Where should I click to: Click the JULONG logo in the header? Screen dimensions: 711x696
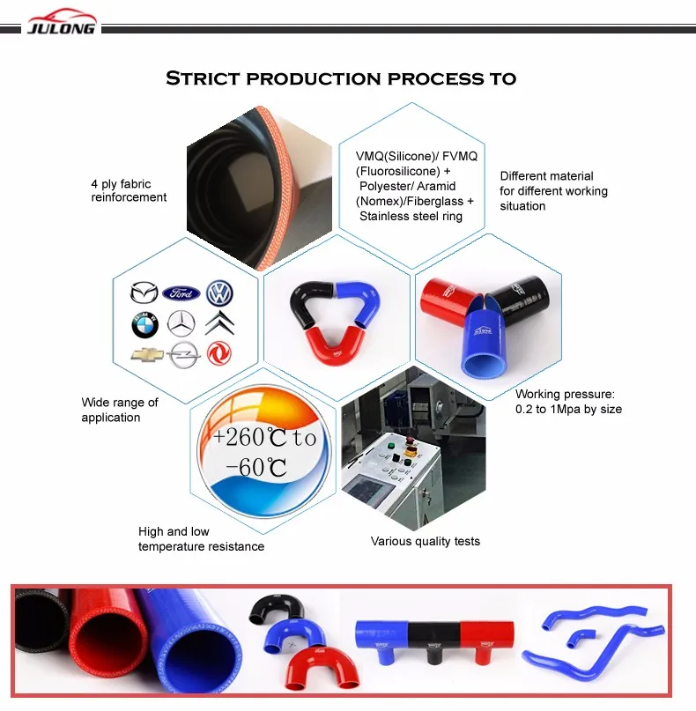coord(63,21)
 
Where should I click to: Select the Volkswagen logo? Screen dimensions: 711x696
coord(219,293)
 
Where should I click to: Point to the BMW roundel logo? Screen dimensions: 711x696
coord(144,325)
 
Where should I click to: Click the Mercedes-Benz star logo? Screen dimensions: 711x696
coord(182,325)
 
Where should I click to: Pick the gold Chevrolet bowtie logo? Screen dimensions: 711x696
coord(144,355)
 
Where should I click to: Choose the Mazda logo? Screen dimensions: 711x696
coord(144,293)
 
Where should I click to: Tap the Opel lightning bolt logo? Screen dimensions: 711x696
coord(182,355)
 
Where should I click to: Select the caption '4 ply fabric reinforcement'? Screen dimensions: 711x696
coord(129,190)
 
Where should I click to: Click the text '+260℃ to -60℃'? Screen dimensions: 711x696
coord(263,452)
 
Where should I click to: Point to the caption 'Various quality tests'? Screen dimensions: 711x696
coord(425,541)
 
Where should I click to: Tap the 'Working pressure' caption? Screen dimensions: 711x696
coord(568,401)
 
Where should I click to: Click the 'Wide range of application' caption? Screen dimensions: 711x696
coord(120,410)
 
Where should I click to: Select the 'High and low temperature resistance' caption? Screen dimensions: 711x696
coord(201,539)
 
